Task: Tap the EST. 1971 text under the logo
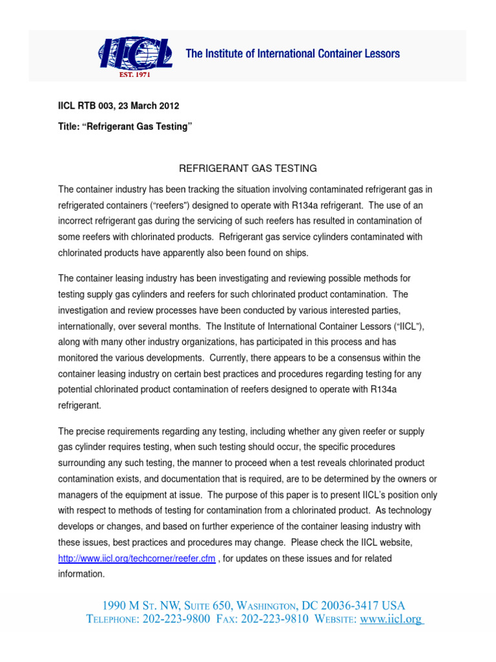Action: pos(134,74)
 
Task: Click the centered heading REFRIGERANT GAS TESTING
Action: pos(247,168)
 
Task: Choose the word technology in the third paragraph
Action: pos(406,510)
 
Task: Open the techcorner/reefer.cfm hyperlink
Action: pos(136,559)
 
